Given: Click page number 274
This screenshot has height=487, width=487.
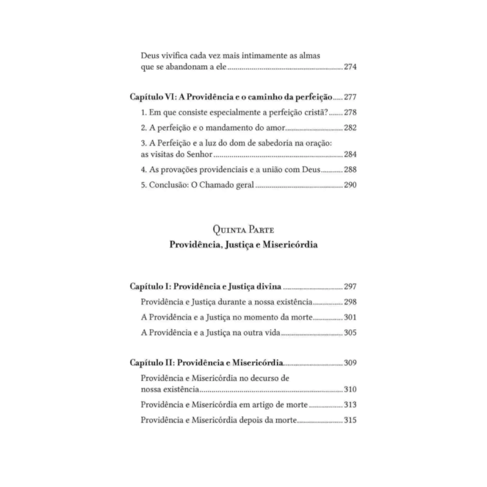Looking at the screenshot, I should click(350, 67).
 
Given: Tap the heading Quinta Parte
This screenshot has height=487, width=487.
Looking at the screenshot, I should click(243, 231).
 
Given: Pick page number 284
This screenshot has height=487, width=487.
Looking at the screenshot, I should click(350, 155).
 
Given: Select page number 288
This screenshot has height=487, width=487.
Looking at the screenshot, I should click(350, 170).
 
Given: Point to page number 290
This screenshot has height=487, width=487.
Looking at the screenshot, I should click(350, 185).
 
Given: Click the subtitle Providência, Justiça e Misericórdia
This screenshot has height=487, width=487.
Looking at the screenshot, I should click(243, 246).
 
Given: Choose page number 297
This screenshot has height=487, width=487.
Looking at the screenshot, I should click(350, 287).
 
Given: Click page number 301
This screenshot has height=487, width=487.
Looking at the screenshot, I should click(350, 318).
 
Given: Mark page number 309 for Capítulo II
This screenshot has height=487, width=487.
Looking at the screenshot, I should click(350, 363).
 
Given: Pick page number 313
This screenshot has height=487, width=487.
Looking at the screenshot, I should click(350, 405).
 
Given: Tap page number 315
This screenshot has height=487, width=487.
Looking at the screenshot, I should click(350, 420).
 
